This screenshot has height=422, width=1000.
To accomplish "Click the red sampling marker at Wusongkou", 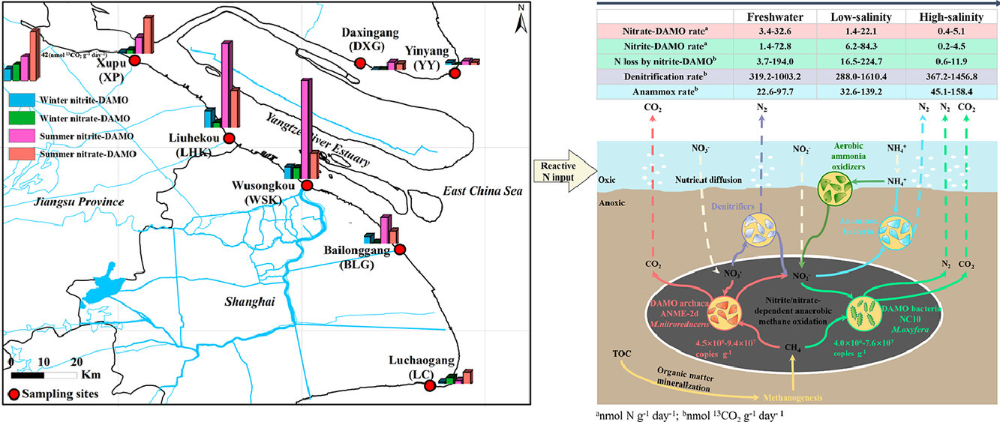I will pyautogui.click(x=306, y=185).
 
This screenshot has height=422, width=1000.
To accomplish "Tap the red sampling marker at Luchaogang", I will pyautogui.click(x=430, y=385).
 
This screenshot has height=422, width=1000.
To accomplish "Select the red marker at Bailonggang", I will pyautogui.click(x=400, y=249).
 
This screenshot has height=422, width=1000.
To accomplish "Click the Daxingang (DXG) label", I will pyautogui.click(x=363, y=40).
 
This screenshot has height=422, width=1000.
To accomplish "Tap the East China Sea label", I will pyautogui.click(x=480, y=192).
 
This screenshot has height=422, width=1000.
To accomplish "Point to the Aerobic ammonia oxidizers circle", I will pyautogui.click(x=834, y=187).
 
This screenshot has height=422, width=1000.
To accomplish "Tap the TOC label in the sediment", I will pyautogui.click(x=622, y=352).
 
